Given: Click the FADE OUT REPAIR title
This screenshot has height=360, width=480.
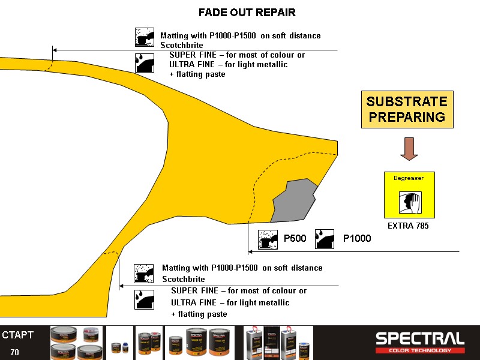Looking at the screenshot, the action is (247, 12).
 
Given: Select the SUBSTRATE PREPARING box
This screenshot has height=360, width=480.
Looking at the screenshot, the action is (407, 110).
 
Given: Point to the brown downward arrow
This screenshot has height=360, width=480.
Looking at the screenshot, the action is (409, 149).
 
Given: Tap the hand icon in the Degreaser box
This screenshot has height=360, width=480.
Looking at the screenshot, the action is (410, 202).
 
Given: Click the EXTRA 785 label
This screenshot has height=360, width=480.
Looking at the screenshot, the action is (409, 226).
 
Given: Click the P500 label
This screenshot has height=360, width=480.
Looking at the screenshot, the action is (295, 238).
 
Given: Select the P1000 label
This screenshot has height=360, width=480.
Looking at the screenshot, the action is (356, 238).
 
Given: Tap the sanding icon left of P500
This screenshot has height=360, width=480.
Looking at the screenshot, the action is (267, 239).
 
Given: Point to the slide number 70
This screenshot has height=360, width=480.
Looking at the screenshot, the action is (15, 352).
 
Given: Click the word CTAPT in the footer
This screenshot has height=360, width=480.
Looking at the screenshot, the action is (18, 335).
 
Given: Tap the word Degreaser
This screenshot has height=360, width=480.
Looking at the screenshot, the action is (409, 178).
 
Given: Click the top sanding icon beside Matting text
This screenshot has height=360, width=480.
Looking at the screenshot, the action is (145, 37).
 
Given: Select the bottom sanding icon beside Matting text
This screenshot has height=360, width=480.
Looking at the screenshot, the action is (144, 273).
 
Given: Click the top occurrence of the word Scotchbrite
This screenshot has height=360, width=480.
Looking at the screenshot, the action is (182, 45).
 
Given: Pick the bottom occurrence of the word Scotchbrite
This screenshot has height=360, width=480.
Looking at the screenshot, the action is (184, 279).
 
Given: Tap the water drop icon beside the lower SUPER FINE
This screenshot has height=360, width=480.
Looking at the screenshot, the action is (144, 299).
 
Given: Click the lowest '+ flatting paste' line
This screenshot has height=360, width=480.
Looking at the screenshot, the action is (199, 314).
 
